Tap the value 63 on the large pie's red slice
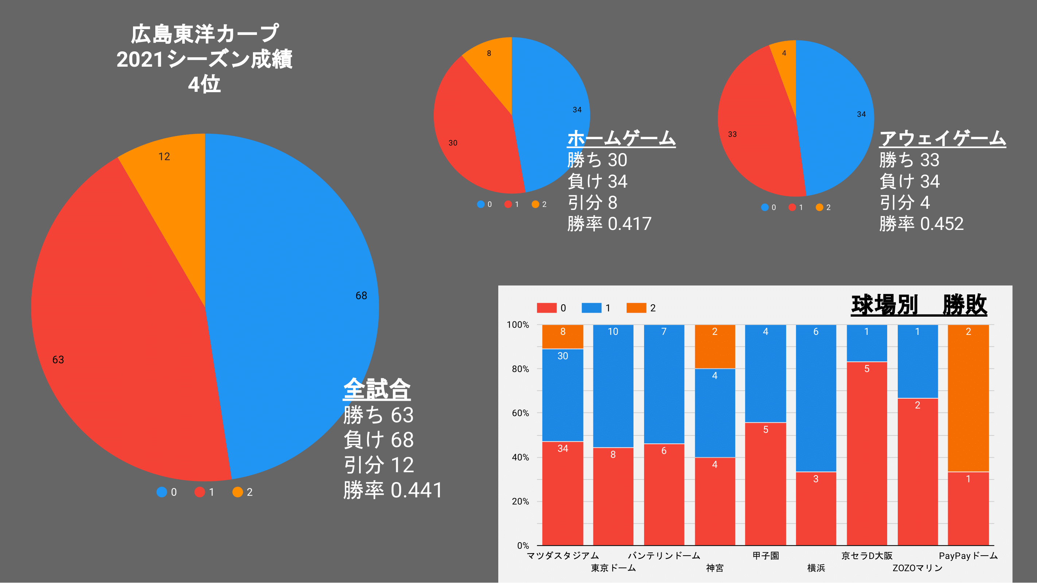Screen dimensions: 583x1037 pos(58,360)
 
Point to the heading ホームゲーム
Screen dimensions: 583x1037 pos(621,138)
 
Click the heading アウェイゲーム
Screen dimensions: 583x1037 pos(942,138)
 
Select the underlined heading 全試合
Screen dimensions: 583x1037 pos(377,389)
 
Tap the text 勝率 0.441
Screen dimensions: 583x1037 pos(393,490)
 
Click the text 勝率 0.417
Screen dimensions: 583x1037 pos(609,224)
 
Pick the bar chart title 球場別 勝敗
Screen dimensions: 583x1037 pos(919,305)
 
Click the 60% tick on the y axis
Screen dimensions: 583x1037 pos(520,413)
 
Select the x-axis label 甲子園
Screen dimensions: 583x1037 pos(766,556)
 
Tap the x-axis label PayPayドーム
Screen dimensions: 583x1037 pos(968,556)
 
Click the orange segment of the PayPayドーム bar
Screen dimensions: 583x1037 pos(968,398)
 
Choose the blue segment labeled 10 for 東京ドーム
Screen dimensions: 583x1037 pos(613,386)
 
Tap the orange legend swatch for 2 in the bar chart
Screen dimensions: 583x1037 pos(636,308)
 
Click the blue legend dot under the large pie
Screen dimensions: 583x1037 pos(161,492)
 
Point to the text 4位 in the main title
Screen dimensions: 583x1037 pos(204,85)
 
